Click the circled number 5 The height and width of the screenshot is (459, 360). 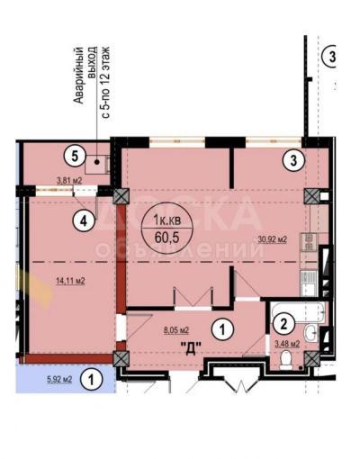pos(77,154)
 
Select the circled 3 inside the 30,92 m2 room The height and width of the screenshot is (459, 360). pos(291,162)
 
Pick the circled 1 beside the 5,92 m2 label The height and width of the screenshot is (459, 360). pos(91,381)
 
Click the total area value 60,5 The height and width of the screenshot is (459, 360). pos(168,236)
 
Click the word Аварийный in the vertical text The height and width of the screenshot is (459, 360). pos(78,76)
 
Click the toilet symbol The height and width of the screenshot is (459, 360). pos(287,360)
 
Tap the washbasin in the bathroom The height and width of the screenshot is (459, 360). pos(310,334)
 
